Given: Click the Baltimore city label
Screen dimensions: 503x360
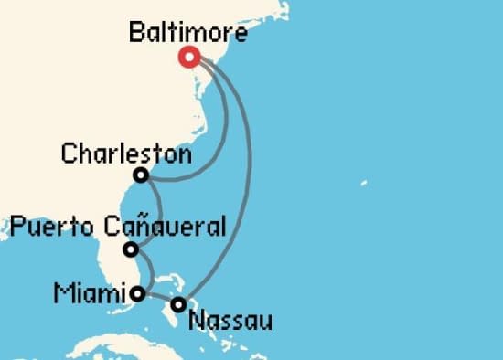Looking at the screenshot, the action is coord(187,33).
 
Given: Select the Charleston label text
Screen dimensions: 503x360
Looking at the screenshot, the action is coord(125,153).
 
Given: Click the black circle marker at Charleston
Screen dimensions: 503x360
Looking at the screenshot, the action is coord(141,175).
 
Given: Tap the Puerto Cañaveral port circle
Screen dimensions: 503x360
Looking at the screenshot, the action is coord(132,249).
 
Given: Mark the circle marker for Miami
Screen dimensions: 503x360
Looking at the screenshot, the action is coord(137,294).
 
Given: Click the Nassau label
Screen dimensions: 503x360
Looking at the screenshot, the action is coord(230,320).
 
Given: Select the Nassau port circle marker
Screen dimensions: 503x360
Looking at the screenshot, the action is coord(179,304).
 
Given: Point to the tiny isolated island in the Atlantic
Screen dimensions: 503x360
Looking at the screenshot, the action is coord(363,183).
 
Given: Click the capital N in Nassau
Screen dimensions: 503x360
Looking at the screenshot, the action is coord(194,320).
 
